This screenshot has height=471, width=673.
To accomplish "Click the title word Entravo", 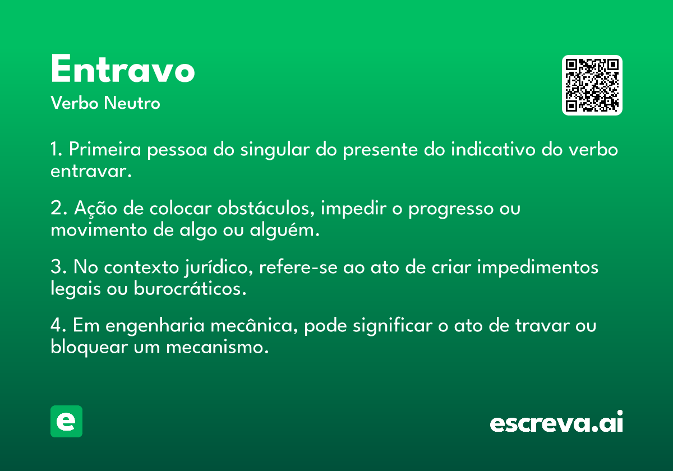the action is pyautogui.click(x=123, y=68).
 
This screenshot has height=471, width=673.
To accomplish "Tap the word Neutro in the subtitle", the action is pyautogui.click(x=132, y=103).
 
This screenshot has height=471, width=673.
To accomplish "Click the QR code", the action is pyautogui.click(x=592, y=85).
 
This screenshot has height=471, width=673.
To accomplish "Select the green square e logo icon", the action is pyautogui.click(x=66, y=421).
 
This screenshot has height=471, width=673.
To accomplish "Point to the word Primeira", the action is pyautogui.click(x=105, y=149).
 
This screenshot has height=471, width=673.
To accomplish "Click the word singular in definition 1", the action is pyautogui.click(x=275, y=150).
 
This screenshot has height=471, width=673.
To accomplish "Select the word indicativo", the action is pyautogui.click(x=493, y=149).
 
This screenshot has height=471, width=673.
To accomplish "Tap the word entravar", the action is pyautogui.click(x=91, y=171).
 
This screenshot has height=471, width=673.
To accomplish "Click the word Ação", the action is pyautogui.click(x=95, y=208).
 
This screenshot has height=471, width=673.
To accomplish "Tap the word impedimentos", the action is pyautogui.click(x=538, y=267).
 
